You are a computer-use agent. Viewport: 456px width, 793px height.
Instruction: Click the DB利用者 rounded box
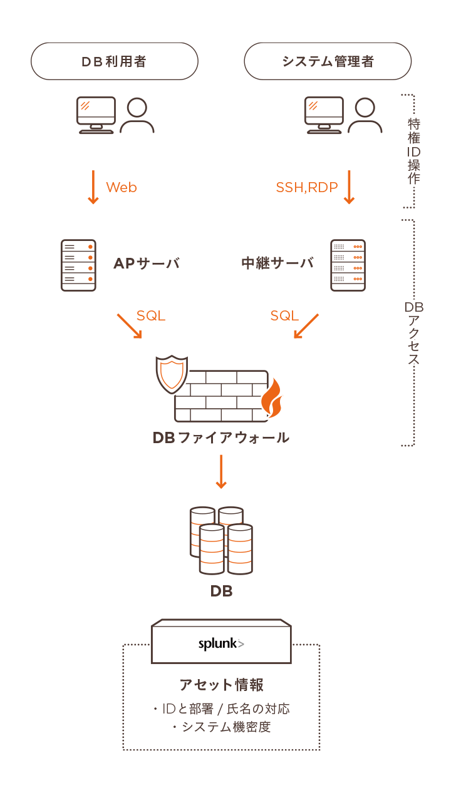point(115,61)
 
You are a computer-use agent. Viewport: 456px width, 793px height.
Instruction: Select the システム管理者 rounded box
point(328,61)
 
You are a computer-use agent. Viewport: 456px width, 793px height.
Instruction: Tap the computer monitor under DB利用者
point(96,115)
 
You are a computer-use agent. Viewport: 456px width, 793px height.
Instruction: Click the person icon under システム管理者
point(365,116)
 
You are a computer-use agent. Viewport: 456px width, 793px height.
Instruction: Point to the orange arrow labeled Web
point(93,187)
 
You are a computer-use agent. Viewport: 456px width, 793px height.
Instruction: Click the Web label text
point(122,187)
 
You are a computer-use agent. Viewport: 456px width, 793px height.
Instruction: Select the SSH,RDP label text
point(307,187)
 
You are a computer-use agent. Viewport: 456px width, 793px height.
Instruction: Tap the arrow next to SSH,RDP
point(349,187)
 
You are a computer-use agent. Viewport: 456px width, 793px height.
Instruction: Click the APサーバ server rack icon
point(78,265)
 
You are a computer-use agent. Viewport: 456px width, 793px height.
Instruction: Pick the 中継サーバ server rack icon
point(348,265)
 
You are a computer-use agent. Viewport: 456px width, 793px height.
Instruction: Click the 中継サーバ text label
point(277,263)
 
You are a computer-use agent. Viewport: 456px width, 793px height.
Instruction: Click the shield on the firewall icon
point(171,374)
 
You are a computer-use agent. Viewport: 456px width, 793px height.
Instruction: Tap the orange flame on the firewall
point(271,399)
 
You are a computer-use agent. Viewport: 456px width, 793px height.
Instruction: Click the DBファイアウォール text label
point(220,437)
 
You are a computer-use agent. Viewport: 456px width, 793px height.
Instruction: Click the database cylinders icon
point(221,540)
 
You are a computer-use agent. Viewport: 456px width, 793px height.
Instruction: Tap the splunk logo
point(221,643)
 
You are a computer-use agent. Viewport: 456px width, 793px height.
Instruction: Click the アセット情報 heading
point(221,684)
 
